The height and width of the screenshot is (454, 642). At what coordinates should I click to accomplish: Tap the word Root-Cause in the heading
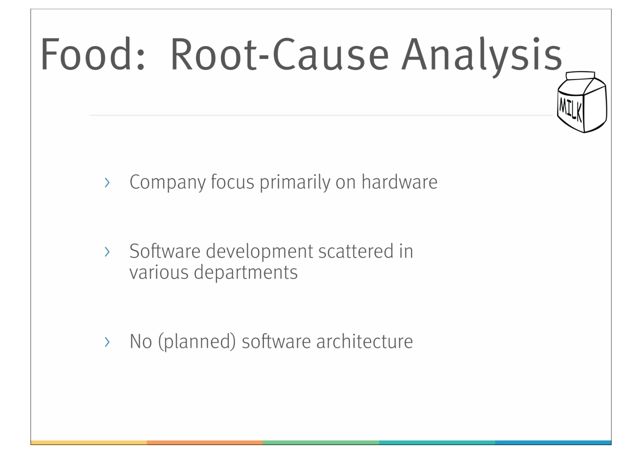[279, 54]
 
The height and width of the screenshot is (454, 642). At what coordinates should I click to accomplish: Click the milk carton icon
[582, 102]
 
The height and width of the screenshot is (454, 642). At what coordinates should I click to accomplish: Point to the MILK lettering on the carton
[570, 108]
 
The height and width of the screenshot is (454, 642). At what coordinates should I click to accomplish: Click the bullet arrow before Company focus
[107, 183]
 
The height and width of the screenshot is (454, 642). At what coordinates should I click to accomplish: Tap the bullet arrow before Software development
[107, 252]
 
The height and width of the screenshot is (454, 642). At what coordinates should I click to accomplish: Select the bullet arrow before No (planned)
[107, 342]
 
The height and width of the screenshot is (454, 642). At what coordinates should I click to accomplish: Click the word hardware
[399, 182]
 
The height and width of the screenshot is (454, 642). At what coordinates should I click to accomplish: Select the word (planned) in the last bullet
[197, 342]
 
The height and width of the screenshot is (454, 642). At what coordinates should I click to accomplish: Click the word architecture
[364, 342]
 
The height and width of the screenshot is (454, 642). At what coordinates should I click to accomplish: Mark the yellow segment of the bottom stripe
[89, 442]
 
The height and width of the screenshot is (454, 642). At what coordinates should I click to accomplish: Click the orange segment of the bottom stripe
[205, 442]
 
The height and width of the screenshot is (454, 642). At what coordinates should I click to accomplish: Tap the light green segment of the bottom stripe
[321, 442]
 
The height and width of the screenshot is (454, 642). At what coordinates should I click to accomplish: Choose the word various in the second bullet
[159, 273]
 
